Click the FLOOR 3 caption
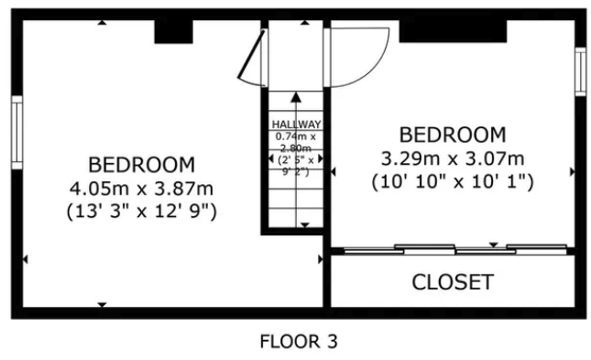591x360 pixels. pos(298,343)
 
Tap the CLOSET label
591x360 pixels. pos(453,282)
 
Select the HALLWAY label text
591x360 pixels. pos(296,125)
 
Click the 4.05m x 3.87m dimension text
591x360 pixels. pos(141,188)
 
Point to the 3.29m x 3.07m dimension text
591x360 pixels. pos(453,158)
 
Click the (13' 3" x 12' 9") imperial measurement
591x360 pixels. pos(141,211)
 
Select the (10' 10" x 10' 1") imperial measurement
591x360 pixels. pos(453,181)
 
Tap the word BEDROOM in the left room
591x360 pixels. pos(141,165)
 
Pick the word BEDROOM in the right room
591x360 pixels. pos(453,135)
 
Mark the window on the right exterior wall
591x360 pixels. pos(579,71)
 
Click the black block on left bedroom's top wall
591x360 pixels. pos(173,31)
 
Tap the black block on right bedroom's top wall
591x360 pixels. pos(453,31)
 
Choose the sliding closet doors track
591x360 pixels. pos(453,248)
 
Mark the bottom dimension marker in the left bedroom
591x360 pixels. pos(102,304)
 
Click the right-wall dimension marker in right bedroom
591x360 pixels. pos(572,170)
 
